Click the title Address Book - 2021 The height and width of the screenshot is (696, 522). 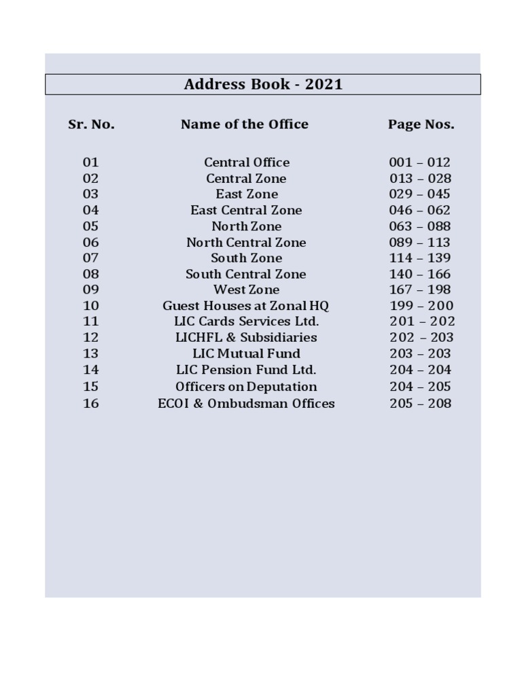tap(263, 84)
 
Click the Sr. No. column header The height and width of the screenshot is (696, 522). tap(91, 124)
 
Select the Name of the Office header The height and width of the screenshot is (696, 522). tap(245, 124)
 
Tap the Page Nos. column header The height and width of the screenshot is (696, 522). tap(421, 124)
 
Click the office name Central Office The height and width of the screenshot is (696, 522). tap(247, 162)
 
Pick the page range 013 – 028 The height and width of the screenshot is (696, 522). tap(420, 179)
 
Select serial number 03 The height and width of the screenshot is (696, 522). tap(91, 194)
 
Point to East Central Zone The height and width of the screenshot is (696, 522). tap(246, 211)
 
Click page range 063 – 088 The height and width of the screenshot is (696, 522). tap(420, 226)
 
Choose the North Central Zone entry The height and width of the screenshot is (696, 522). tap(246, 243)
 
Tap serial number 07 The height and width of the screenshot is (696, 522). tap(91, 258)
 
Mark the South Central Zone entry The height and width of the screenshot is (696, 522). tap(246, 275)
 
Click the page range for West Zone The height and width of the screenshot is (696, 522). tap(420, 290)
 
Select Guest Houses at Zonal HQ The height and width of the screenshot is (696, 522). tap(246, 306)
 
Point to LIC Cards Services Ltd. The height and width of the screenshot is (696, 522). tap(246, 321)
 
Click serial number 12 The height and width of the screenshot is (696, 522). tap(91, 338)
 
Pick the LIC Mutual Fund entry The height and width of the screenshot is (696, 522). tap(246, 353)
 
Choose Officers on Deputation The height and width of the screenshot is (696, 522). tap(246, 387)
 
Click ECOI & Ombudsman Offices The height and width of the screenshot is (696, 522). tap(246, 404)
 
